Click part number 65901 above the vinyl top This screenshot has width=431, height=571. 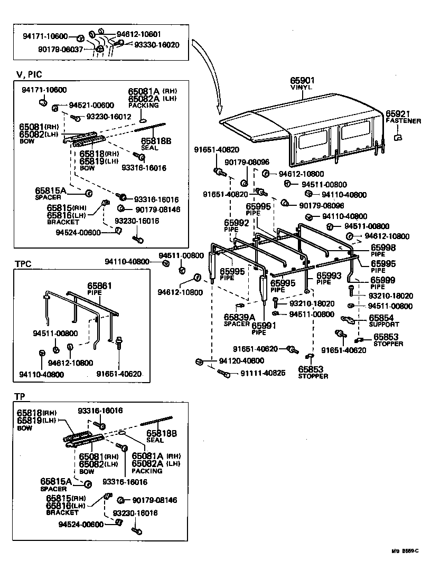click(x=302, y=80)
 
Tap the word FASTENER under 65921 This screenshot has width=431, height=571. click(x=403, y=121)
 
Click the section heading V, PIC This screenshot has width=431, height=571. click(x=29, y=75)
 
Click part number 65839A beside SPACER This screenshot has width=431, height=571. click(x=239, y=317)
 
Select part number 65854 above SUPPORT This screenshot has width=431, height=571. click(x=381, y=318)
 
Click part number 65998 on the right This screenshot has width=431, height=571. click(x=382, y=247)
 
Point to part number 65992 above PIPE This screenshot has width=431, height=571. click(x=236, y=223)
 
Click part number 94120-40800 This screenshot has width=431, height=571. click(x=241, y=360)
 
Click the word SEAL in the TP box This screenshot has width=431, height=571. click(x=155, y=440)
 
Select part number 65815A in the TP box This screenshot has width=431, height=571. click(x=56, y=481)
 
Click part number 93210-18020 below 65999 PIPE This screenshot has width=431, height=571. click(x=391, y=296)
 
